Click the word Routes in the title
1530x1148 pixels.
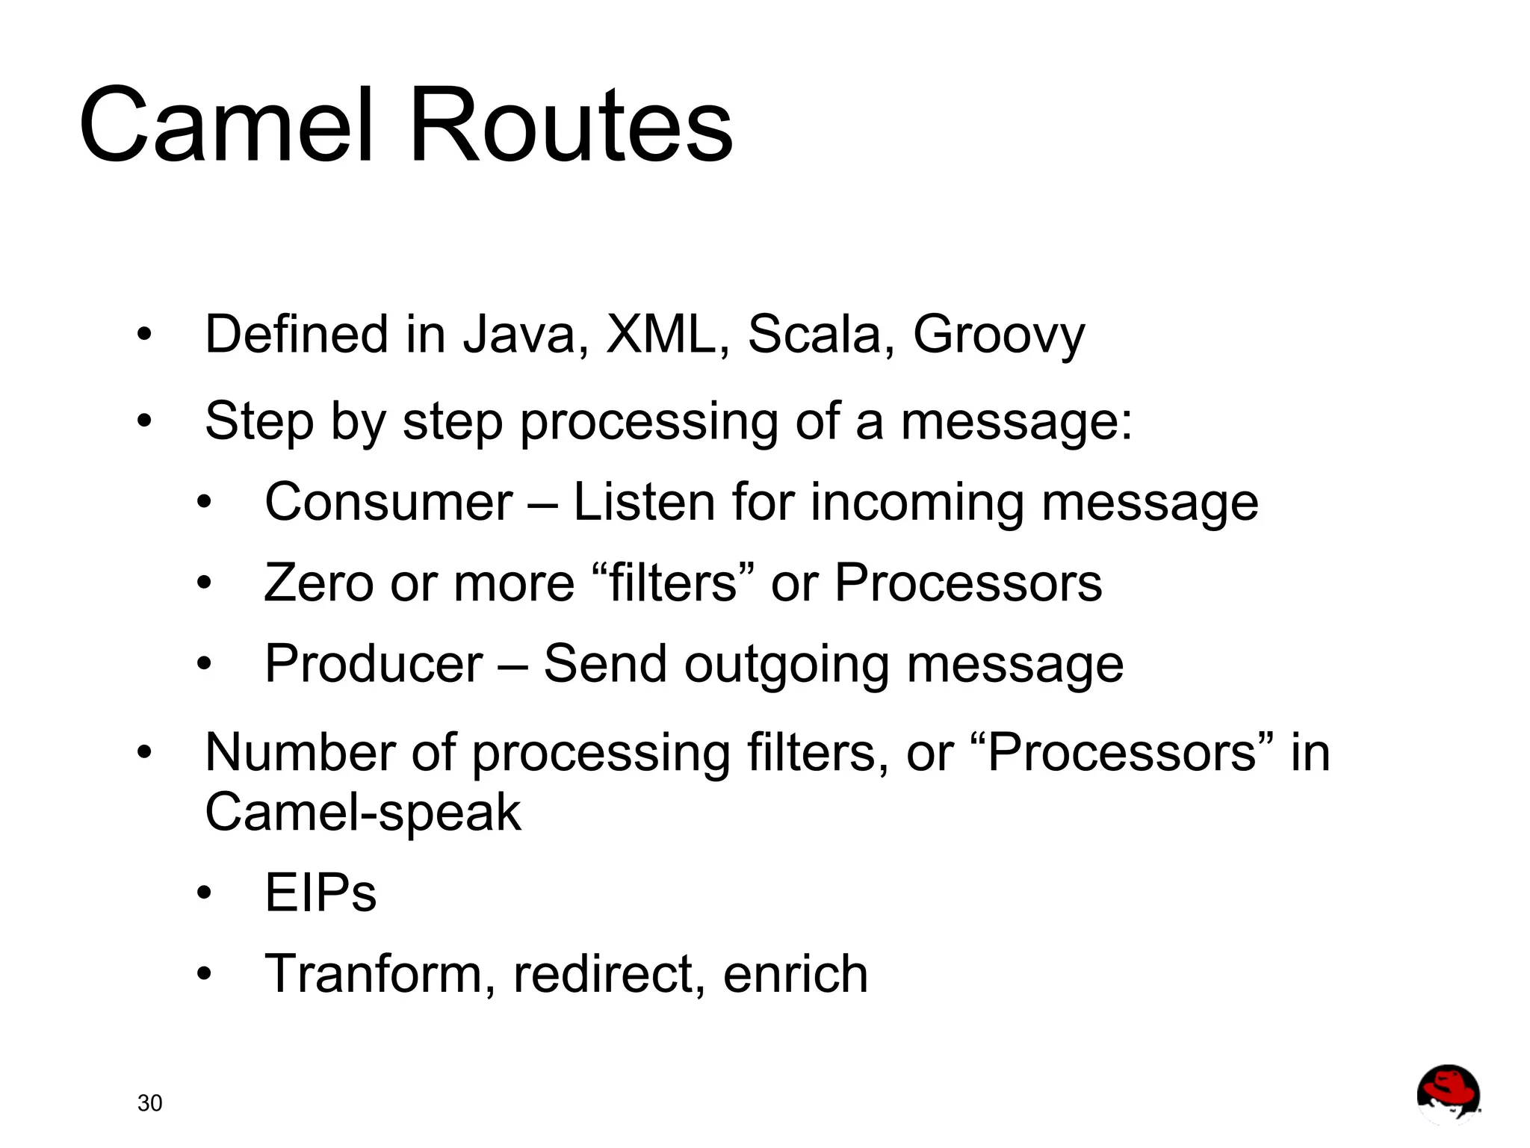pos(571,125)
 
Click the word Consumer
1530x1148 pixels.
pos(388,502)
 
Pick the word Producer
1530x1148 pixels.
pos(374,664)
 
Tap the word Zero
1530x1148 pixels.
pos(318,583)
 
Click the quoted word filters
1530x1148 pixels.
pos(673,583)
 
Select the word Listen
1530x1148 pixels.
pos(643,502)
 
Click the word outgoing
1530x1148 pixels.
pos(786,664)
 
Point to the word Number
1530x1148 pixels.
pos(300,752)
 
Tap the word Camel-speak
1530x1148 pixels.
pos(362,812)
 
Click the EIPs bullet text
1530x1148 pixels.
pos(320,893)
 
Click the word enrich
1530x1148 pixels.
pos(795,974)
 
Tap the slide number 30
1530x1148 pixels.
pos(149,1103)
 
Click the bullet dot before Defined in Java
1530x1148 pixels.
pos(144,335)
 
